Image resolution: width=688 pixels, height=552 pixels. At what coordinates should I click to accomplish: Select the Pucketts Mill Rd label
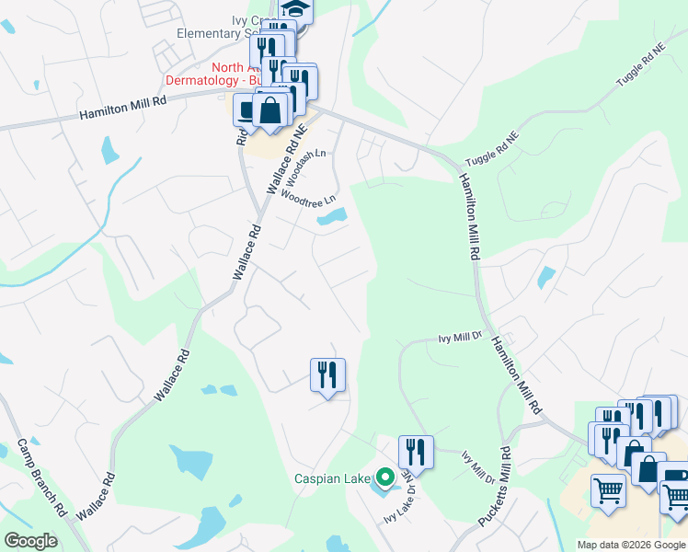coord(494,486)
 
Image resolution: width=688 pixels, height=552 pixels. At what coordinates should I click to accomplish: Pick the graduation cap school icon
coord(296,9)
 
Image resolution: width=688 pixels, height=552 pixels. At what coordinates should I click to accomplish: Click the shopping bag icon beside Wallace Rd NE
coord(272,110)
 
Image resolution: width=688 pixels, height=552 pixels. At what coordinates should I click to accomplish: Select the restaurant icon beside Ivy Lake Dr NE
coord(416,452)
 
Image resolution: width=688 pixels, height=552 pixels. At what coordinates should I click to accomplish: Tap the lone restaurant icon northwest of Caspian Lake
coord(327,374)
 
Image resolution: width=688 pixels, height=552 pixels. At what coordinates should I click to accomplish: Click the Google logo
coord(30,540)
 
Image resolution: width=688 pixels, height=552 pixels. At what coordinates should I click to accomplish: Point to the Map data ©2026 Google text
coord(631,545)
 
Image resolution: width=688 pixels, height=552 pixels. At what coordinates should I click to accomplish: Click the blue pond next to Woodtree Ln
coord(332,218)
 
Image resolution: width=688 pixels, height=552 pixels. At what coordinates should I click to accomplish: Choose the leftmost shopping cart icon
coord(608,490)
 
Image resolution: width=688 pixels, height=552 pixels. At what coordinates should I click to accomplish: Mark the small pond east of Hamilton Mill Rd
coord(546,277)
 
